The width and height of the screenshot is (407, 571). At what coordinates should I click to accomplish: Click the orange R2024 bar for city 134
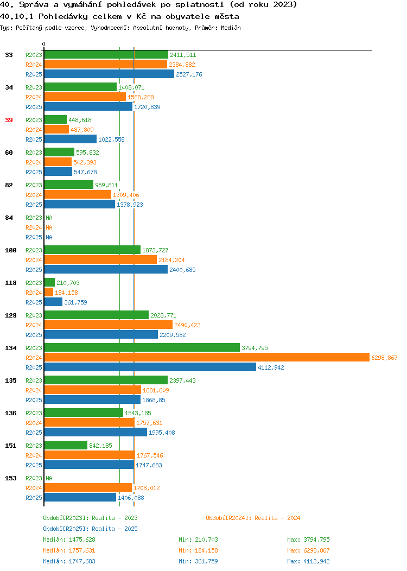point(207,358)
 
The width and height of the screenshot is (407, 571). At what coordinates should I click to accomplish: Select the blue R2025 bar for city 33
point(109,74)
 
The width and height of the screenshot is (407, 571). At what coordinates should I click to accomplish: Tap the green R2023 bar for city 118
point(49,283)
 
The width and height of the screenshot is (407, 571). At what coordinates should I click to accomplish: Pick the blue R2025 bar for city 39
point(71,139)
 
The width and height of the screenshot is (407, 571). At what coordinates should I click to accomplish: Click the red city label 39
point(9,120)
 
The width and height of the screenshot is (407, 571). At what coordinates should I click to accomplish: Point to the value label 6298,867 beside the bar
point(384,358)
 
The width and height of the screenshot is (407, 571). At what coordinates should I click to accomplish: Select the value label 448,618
point(80,120)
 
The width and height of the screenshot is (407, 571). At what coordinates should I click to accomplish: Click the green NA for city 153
point(49,479)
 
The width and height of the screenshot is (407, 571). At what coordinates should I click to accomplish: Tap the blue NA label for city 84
point(49,237)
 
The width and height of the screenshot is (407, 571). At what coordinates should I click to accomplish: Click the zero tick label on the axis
point(44,45)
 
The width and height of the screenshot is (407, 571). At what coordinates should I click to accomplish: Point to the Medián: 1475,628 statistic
point(69,540)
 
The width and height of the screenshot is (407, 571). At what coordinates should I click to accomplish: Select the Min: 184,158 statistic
point(198,550)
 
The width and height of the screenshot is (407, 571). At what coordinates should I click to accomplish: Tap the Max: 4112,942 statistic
point(308,562)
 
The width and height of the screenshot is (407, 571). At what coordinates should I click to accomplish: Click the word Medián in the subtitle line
point(231,28)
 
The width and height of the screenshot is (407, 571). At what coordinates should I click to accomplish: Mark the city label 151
point(11,446)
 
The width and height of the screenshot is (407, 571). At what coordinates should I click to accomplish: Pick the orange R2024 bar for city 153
point(88,488)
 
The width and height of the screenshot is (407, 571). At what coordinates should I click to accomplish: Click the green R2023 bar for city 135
point(106,380)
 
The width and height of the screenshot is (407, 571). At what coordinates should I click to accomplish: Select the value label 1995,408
point(162,433)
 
